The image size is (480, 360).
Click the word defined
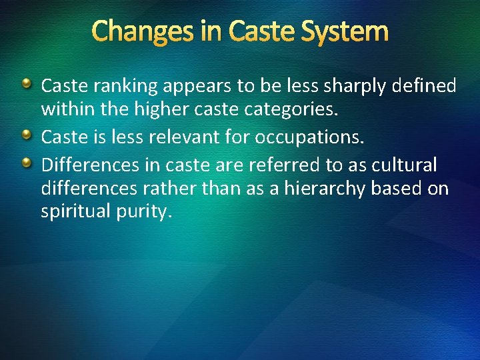pyautogui.click(x=425, y=85)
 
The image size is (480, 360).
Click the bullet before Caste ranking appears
pyautogui.click(x=26, y=84)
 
